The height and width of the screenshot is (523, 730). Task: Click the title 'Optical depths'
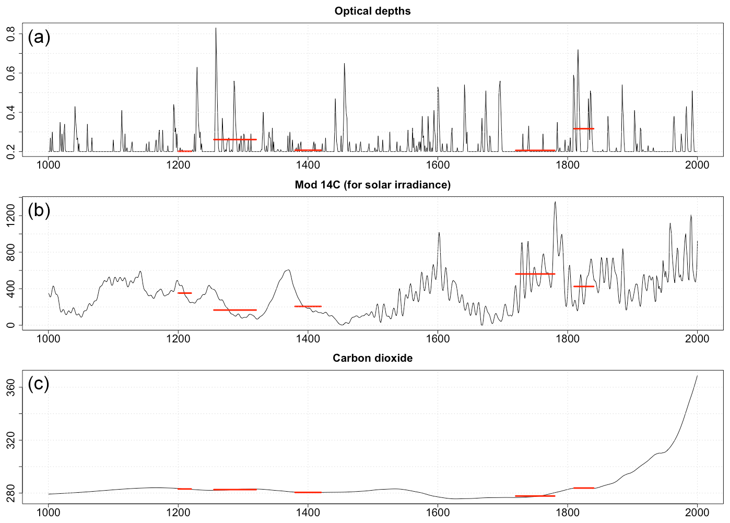[x=372, y=11]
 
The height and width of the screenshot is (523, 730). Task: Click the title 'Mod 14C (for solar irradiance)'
[x=372, y=185]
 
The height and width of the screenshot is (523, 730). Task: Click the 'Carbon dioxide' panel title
[x=372, y=358]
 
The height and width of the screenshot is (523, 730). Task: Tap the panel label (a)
[x=39, y=37]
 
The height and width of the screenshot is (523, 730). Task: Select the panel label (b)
[x=39, y=210]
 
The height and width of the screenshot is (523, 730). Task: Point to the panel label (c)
[x=39, y=384]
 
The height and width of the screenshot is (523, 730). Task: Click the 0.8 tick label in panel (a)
[x=10, y=34]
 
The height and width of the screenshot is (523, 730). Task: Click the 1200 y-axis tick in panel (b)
[x=10, y=216]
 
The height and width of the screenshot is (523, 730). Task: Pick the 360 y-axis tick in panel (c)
[x=10, y=387]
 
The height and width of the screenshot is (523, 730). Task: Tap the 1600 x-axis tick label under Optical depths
[x=438, y=165]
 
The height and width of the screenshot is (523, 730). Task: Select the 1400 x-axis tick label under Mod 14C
[x=308, y=338]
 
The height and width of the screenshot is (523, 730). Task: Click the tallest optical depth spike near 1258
[x=216, y=29]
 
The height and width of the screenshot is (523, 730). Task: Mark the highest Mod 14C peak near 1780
[x=555, y=203]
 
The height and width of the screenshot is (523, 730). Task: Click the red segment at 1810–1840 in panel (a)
[x=583, y=128]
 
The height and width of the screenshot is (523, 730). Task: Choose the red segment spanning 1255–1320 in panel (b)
[x=235, y=310]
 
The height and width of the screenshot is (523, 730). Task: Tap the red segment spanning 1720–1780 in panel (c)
[x=535, y=496]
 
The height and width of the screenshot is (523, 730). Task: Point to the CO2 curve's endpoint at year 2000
[x=697, y=376]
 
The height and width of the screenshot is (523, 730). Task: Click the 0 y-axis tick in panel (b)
[x=10, y=325]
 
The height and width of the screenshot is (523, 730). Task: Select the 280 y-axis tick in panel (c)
[x=10, y=493]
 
